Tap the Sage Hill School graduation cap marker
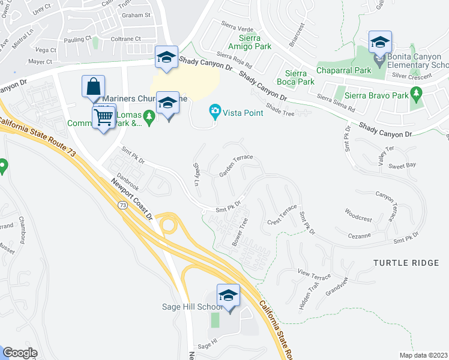coord(228,296)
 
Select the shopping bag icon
coord(93,87)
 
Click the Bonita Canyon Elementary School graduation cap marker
coord(380,43)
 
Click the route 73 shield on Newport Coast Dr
coord(123,205)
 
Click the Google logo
coord(20,353)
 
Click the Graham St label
coord(136,15)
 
